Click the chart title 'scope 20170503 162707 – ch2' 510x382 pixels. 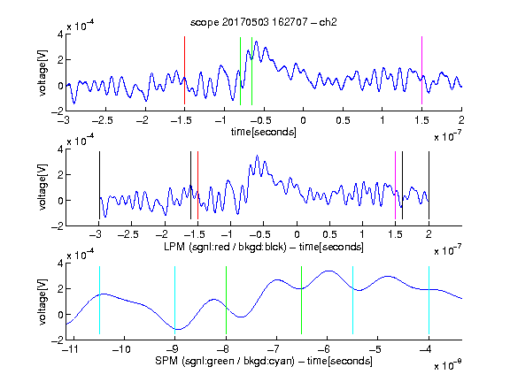pos(264,22)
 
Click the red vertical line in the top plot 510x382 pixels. pos(184,70)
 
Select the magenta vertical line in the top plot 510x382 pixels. pos(421,70)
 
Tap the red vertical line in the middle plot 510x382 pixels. pos(197,185)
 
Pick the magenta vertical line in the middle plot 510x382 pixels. pos(395,185)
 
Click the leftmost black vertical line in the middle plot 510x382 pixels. pos(99,185)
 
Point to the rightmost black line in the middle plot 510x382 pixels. pos(429,185)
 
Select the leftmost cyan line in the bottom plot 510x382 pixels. pos(99,300)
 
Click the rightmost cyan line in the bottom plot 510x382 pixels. pos(429,300)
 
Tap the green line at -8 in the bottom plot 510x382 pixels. pos(226,300)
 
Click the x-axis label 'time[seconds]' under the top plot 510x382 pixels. pos(264,132)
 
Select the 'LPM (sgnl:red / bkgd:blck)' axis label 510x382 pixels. pos(225,247)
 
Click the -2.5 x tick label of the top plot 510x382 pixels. pos(102,120)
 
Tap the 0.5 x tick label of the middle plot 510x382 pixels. pos(329,234)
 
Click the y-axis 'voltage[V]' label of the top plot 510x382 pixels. pos(42,73)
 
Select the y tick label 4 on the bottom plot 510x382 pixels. pos(60,263)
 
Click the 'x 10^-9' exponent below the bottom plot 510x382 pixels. pos(447,364)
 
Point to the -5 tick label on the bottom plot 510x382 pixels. pos(375,349)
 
